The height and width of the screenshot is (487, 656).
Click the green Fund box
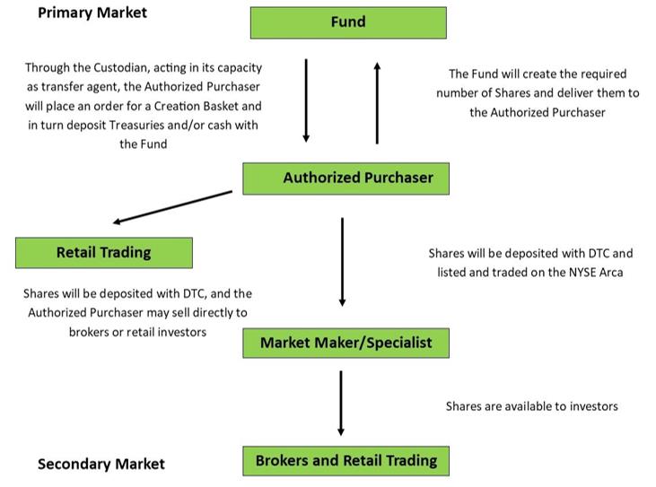pyautogui.click(x=348, y=22)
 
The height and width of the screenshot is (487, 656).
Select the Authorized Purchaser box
pyautogui.click(x=345, y=178)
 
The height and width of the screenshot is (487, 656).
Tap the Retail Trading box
pyautogui.click(x=104, y=252)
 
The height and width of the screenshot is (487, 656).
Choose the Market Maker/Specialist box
pyautogui.click(x=345, y=342)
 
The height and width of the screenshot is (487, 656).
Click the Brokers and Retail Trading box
pyautogui.click(x=345, y=460)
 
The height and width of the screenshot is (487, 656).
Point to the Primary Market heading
pyautogui.click(x=92, y=13)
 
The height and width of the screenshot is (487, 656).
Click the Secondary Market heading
pyautogui.click(x=101, y=464)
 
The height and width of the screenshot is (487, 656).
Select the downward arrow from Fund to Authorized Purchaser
pyautogui.click(x=306, y=100)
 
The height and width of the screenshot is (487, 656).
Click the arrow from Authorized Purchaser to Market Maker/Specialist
pyautogui.click(x=342, y=260)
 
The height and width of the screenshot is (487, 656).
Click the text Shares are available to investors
pyautogui.click(x=531, y=405)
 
